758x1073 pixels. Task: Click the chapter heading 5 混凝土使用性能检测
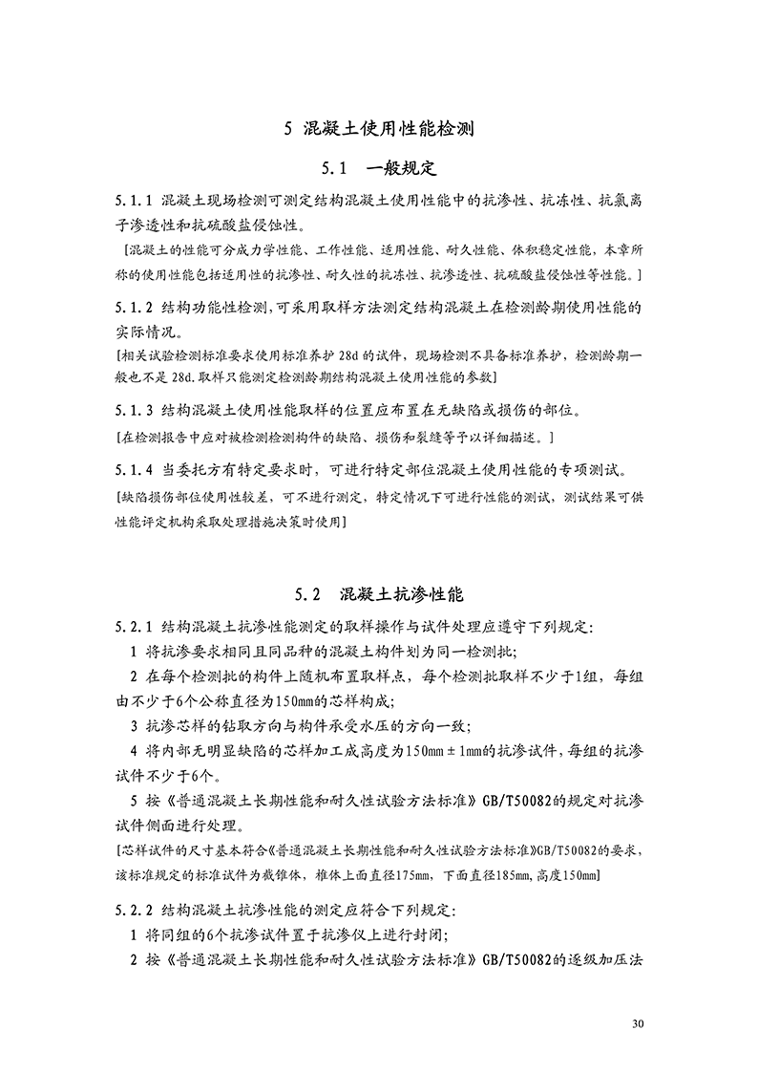pos(379,129)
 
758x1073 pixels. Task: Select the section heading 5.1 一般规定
pos(379,169)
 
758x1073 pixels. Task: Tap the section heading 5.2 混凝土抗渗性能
pos(379,594)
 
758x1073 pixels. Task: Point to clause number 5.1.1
pos(134,202)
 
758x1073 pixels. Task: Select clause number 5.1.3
pos(134,413)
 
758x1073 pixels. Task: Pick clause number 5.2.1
pos(134,628)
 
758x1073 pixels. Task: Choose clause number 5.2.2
pos(134,907)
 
